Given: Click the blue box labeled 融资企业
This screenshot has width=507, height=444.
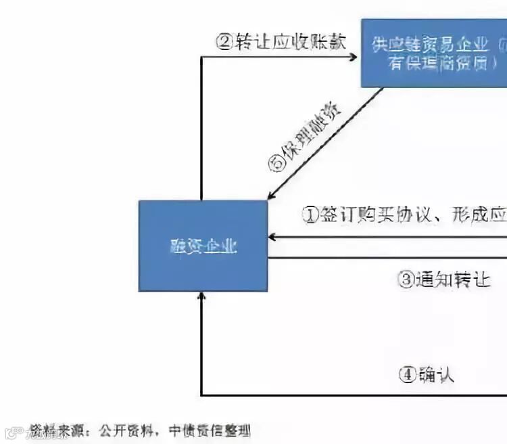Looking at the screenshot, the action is pyautogui.click(x=203, y=246).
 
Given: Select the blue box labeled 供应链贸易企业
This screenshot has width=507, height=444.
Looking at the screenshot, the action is pyautogui.click(x=433, y=53).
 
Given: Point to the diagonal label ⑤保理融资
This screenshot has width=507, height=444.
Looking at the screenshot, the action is pyautogui.click(x=305, y=139).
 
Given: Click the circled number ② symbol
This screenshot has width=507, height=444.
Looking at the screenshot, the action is pyautogui.click(x=224, y=42).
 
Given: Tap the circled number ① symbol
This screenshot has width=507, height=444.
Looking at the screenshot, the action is pyautogui.click(x=310, y=215).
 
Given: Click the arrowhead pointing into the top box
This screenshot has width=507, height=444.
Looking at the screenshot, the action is pyautogui.click(x=354, y=57).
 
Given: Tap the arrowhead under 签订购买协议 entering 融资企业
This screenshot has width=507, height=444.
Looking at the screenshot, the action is pyautogui.click(x=272, y=237).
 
